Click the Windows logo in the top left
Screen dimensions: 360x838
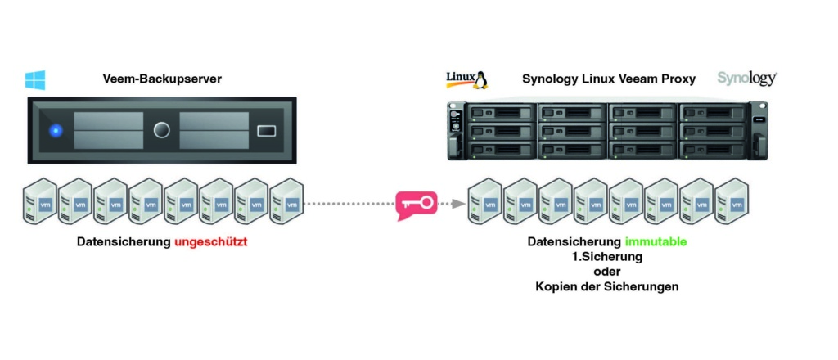[x=35, y=79]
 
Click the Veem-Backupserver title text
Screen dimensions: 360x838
[x=162, y=79]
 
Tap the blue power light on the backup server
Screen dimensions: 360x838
[x=56, y=130]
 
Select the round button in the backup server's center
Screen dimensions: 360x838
[x=162, y=130]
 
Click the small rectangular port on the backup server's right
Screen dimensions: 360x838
[x=268, y=130]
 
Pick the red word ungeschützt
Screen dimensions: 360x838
[x=209, y=242]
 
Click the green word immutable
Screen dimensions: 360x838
[x=655, y=242]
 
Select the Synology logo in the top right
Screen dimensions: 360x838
[x=746, y=79]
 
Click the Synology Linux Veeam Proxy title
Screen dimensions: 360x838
[x=609, y=79]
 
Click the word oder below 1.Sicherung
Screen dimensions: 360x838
[x=606, y=272]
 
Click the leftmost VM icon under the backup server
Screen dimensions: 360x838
[x=40, y=202]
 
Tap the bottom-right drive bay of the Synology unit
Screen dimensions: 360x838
[x=713, y=149]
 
